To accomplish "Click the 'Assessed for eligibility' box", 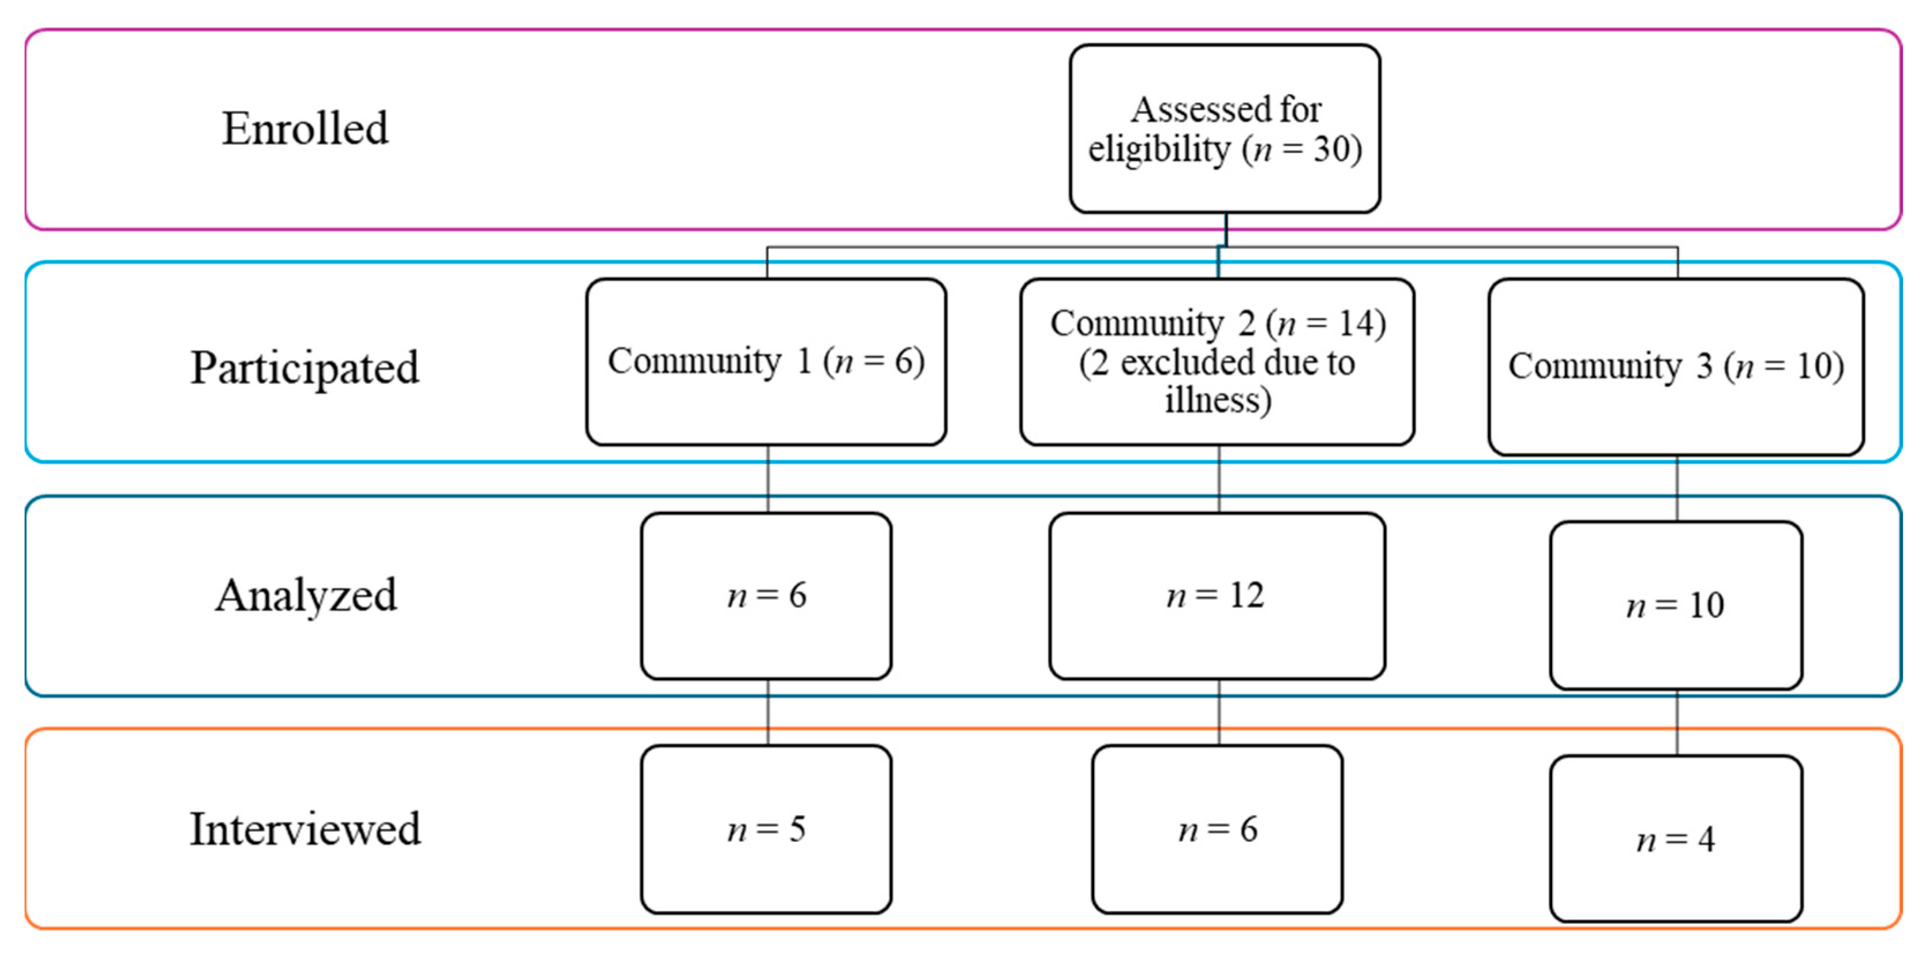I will pyautogui.click(x=1225, y=129).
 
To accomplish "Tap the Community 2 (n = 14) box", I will pyautogui.click(x=1217, y=362).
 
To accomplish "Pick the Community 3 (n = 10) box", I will pyautogui.click(x=1676, y=366).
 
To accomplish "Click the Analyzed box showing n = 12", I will pyautogui.click(x=1217, y=596).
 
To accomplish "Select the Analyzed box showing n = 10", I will pyautogui.click(x=1676, y=605).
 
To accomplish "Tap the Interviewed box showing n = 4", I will pyautogui.click(x=1676, y=838).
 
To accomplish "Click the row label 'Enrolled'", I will pyautogui.click(x=305, y=129).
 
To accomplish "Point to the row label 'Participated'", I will pyautogui.click(x=305, y=368).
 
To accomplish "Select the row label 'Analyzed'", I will pyautogui.click(x=306, y=596).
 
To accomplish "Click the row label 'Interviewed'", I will pyautogui.click(x=305, y=829).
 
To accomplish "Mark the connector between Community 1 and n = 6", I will pyautogui.click(x=768, y=479).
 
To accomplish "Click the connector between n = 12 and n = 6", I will pyautogui.click(x=1219, y=712).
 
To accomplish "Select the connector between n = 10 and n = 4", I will pyautogui.click(x=1676, y=722).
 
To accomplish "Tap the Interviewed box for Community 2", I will pyautogui.click(x=1217, y=829).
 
